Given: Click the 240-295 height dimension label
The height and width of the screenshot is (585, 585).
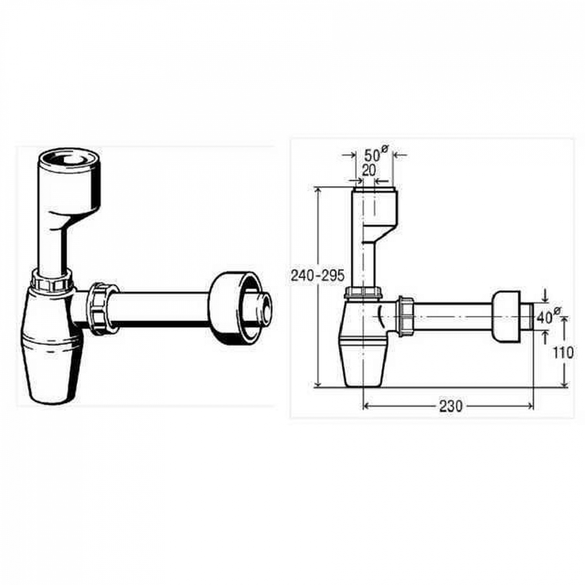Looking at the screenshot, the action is click(318, 276).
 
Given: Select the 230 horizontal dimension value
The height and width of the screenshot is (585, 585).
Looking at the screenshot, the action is click(450, 406).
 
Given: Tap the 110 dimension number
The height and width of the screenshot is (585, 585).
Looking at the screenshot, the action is click(563, 353).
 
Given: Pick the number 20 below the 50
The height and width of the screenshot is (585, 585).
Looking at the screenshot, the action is click(369, 170).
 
